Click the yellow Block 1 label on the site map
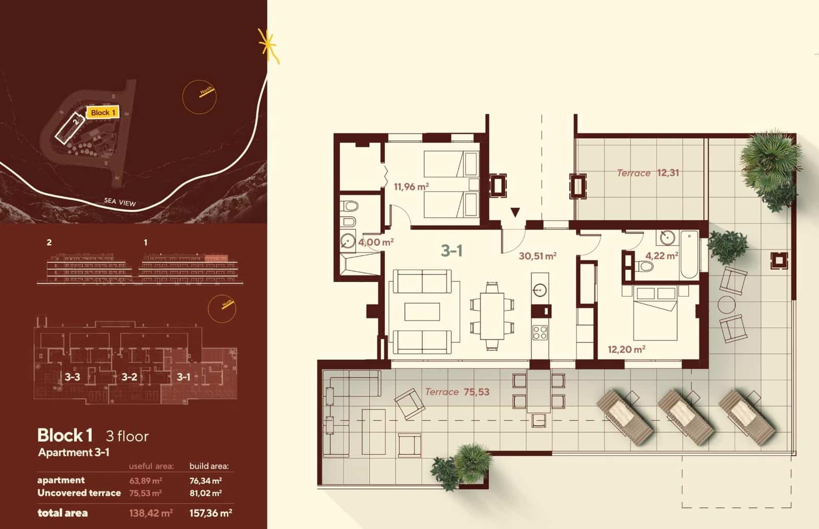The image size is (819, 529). point(103,112)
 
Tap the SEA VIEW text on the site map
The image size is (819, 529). point(120,202)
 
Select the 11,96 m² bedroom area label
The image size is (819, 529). point(411,187)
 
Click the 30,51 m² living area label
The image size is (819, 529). point(537,256)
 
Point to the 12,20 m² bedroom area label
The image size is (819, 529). point(626,350)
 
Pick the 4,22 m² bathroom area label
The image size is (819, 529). point(661,255)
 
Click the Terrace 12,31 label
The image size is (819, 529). point(648,173)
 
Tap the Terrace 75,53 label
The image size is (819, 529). point(457,392)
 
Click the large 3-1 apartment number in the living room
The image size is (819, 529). point(452,251)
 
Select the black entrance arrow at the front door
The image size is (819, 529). point(515,213)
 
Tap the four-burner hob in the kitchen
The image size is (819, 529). point(540,333)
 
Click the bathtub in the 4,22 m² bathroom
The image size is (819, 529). point(688,255)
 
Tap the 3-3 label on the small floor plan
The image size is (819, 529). point(73,377)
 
